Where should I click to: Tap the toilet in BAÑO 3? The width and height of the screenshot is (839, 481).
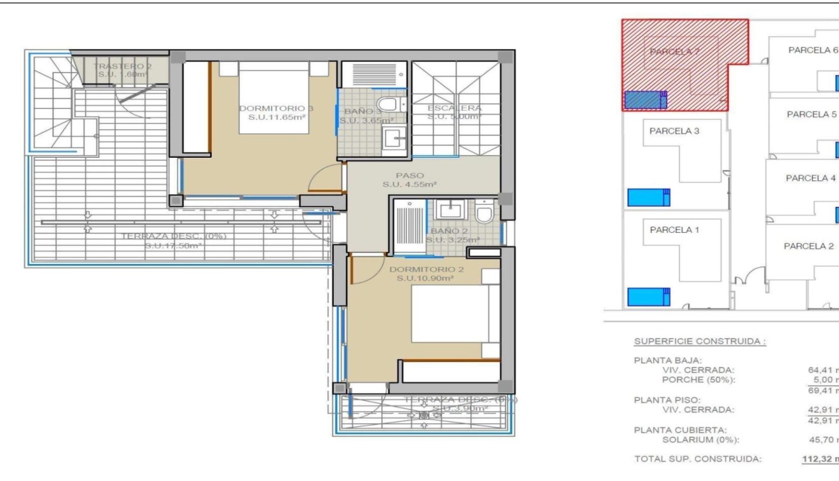387,104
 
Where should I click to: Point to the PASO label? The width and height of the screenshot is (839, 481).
409,175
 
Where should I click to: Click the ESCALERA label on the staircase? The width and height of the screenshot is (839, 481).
454,108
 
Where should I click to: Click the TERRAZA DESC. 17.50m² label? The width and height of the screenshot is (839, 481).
174,240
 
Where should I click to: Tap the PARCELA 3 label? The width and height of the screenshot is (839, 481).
674,131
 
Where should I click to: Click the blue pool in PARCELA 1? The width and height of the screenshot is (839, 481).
648,296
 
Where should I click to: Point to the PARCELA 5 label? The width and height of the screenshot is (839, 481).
812,115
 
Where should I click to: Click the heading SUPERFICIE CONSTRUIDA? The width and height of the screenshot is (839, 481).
700,342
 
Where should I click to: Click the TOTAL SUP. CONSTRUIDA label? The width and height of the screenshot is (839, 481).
698,458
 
